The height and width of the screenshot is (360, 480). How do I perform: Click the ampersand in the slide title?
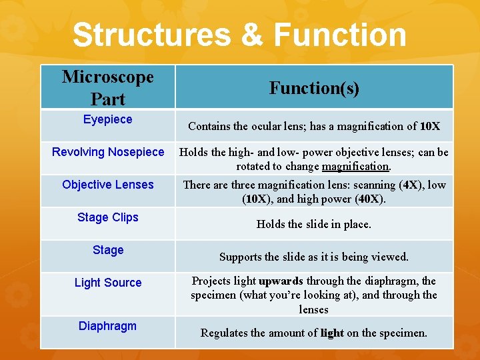click(253, 35)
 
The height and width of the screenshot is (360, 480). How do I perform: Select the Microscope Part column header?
click(108, 87)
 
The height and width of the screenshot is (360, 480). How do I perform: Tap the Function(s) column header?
click(314, 87)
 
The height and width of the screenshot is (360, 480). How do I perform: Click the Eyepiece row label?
click(108, 119)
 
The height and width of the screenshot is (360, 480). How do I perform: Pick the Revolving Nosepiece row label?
click(108, 152)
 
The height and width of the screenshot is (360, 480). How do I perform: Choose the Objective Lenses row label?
click(108, 185)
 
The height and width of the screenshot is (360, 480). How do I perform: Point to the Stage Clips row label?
click(108, 217)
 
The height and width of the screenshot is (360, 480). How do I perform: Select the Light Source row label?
click(108, 283)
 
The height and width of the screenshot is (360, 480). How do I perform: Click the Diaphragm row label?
click(108, 326)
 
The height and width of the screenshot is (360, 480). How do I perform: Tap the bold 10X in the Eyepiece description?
click(430, 126)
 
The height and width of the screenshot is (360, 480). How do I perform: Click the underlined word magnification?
click(355, 166)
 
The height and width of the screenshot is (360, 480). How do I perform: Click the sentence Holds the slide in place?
click(314, 224)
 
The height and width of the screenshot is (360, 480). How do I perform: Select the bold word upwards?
click(281, 281)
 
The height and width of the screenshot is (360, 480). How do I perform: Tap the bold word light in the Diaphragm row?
click(332, 333)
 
